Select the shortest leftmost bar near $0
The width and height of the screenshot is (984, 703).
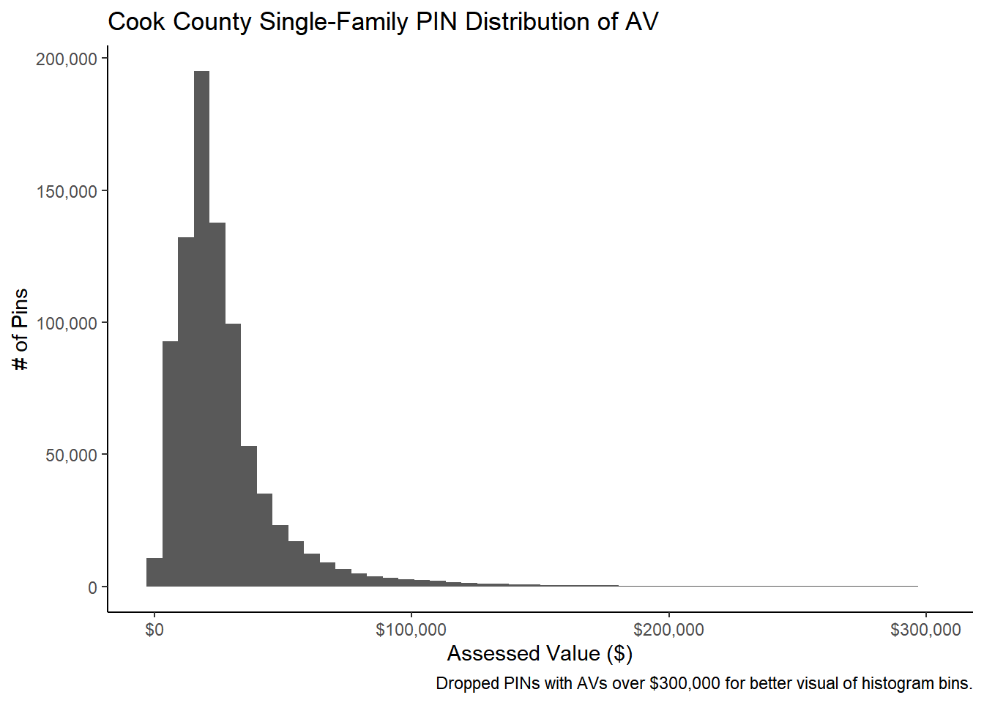pyautogui.click(x=154, y=573)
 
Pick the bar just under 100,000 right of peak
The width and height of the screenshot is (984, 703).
pyautogui.click(x=233, y=455)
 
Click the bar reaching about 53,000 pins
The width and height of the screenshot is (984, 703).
pyautogui.click(x=249, y=516)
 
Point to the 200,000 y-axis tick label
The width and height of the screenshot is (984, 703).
pyautogui.click(x=67, y=59)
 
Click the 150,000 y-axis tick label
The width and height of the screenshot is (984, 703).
pyautogui.click(x=67, y=192)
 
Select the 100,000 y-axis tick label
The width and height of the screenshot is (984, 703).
pyautogui.click(x=67, y=324)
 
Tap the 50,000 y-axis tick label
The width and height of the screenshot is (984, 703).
pyautogui.click(x=71, y=455)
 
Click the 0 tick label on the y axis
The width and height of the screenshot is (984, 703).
pyautogui.click(x=92, y=587)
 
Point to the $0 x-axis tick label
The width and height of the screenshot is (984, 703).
pyautogui.click(x=154, y=630)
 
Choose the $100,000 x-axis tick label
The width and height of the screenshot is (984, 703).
pyautogui.click(x=411, y=630)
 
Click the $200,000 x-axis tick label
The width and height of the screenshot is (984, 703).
pyautogui.click(x=668, y=630)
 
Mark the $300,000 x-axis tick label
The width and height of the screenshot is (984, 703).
pyautogui.click(x=925, y=630)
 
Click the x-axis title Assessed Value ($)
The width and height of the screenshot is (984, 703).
pyautogui.click(x=540, y=653)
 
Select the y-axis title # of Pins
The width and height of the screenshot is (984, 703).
pyautogui.click(x=20, y=330)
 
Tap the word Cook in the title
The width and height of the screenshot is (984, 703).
pyautogui.click(x=137, y=22)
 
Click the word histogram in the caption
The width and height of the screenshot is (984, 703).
pyautogui.click(x=895, y=684)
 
